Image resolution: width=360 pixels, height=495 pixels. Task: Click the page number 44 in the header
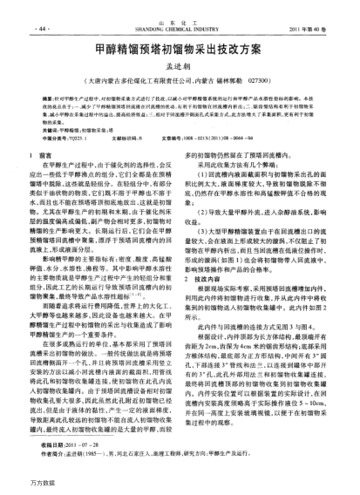(42, 29)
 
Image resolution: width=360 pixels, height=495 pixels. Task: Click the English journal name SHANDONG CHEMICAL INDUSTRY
(180, 29)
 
